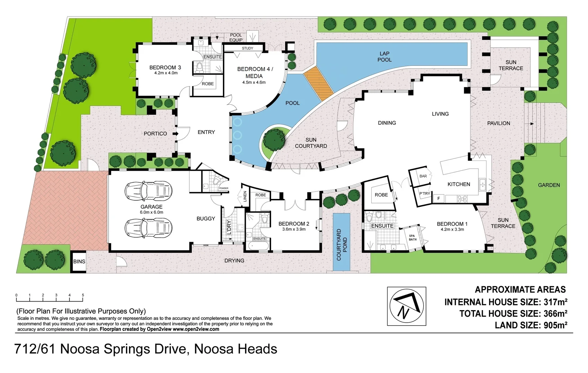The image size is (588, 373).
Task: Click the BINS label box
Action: coord(79,261)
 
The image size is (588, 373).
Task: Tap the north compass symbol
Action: coord(406,306)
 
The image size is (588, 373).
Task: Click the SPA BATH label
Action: coord(413,238)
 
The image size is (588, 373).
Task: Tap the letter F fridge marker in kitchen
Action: coord(438,199)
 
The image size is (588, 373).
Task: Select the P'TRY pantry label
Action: coord(425,194)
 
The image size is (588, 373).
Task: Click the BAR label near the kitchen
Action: coord(423,176)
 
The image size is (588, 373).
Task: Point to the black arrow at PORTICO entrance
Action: coord(175,134)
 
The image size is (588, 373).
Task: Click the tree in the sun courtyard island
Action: coord(274,140)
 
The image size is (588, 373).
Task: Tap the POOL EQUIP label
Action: coord(236,37)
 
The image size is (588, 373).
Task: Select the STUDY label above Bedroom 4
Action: coord(247,48)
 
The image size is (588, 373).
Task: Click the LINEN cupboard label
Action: coord(245,197)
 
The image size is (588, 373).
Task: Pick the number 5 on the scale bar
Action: coord(83,295)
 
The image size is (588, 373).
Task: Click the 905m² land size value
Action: coord(555,325)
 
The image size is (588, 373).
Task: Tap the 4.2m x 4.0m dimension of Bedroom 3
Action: coord(166,73)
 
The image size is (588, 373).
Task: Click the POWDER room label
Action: coord(224,189)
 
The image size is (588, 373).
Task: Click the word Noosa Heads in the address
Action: coord(235,349)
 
